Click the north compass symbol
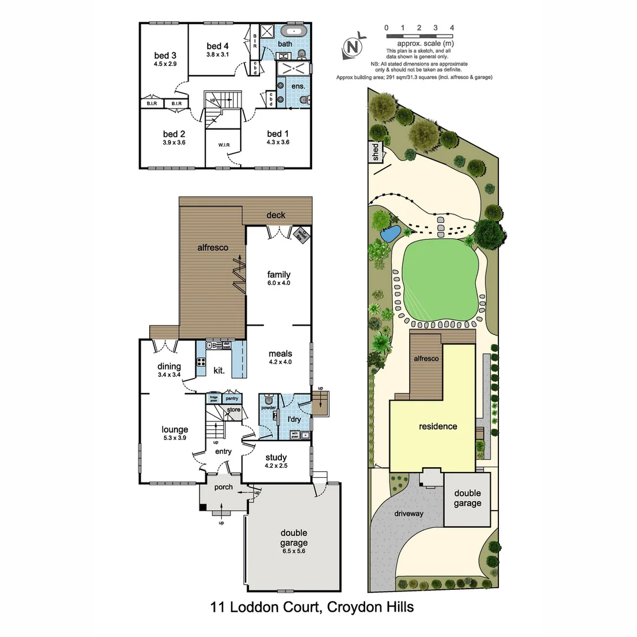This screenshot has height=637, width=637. tap(353, 47)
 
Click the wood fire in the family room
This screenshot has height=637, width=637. tap(300, 234)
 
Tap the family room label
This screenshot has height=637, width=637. tap(278, 274)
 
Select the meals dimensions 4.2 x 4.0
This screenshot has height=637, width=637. tap(280, 362)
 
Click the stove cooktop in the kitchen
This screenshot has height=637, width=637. tap(201, 362)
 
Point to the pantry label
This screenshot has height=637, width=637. tap(232, 399)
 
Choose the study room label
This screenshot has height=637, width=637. tap(276, 457)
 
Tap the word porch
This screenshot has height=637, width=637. tap(224, 487)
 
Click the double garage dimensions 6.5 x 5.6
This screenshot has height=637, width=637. tap(293, 551)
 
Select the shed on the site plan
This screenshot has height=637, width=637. tap(375, 152)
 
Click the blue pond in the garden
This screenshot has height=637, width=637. tap(390, 234)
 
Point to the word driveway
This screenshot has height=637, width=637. tap(408, 514)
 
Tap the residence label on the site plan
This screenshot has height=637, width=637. tap(438, 426)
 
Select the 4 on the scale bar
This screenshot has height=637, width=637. tap(452, 27)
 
